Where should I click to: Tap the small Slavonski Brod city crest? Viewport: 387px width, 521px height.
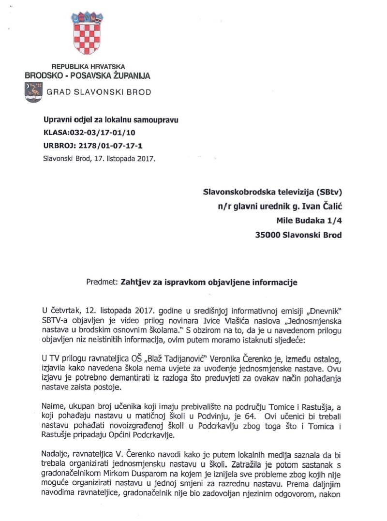tap(33, 91)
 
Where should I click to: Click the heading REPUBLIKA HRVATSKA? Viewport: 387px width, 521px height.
tap(88, 67)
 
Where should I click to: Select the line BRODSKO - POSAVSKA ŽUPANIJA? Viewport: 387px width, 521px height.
tap(88, 75)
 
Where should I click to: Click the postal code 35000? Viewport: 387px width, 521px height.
tap(269, 236)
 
